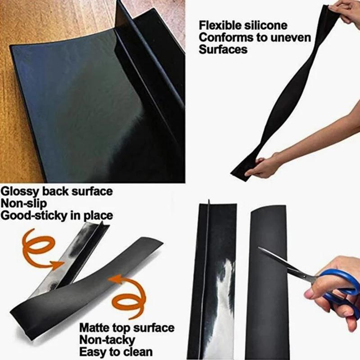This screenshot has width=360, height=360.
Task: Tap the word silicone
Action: point(265,25)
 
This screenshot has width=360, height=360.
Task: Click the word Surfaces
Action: point(223,49)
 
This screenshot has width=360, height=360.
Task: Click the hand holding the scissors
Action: point(333,288)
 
